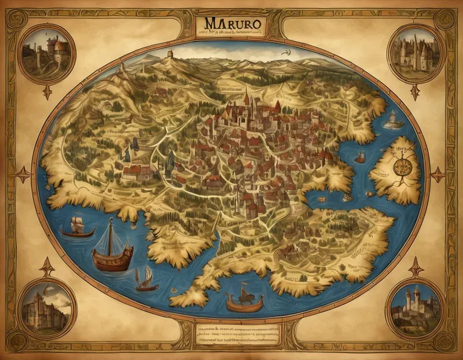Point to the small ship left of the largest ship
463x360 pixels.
coord(77,227)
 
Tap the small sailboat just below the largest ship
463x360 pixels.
coord(146,280)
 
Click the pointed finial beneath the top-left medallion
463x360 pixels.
coord(47,91)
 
